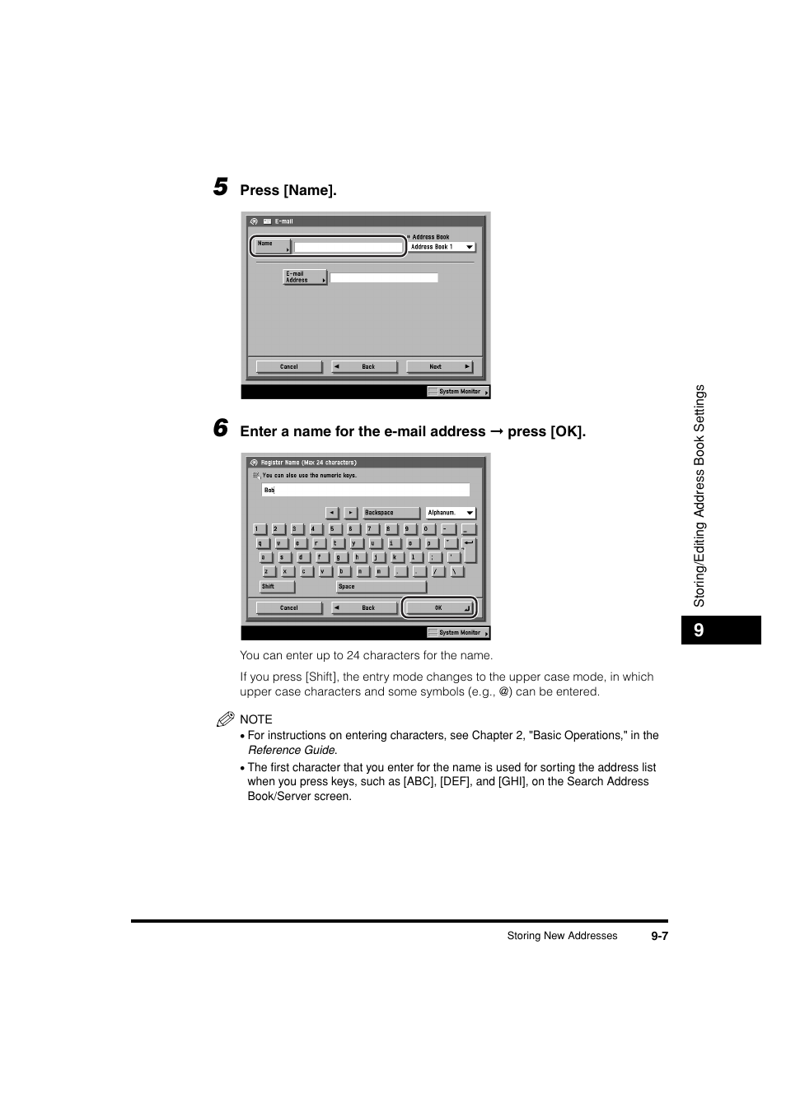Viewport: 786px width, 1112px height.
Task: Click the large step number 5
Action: (220, 187)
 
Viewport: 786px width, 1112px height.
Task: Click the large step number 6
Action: (220, 428)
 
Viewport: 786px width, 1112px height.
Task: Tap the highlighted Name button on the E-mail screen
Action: (272, 246)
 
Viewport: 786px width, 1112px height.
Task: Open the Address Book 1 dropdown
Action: (442, 247)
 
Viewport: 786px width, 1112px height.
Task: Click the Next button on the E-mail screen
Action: (438, 367)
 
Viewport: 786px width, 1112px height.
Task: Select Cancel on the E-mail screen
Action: (288, 367)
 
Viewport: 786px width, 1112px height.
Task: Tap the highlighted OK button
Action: (439, 608)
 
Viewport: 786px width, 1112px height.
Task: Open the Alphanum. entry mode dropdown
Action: (451, 513)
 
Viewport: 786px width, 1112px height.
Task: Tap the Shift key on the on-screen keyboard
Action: (277, 587)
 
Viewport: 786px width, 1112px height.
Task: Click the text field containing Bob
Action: (365, 490)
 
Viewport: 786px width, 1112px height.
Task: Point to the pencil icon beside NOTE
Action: (226, 719)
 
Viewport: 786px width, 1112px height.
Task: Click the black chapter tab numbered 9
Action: (720, 630)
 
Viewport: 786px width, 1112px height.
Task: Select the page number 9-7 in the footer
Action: (658, 936)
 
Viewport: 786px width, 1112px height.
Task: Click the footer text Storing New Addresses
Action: (562, 936)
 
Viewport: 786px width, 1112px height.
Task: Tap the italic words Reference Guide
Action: (292, 750)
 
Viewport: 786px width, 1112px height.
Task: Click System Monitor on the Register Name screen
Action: (458, 633)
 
